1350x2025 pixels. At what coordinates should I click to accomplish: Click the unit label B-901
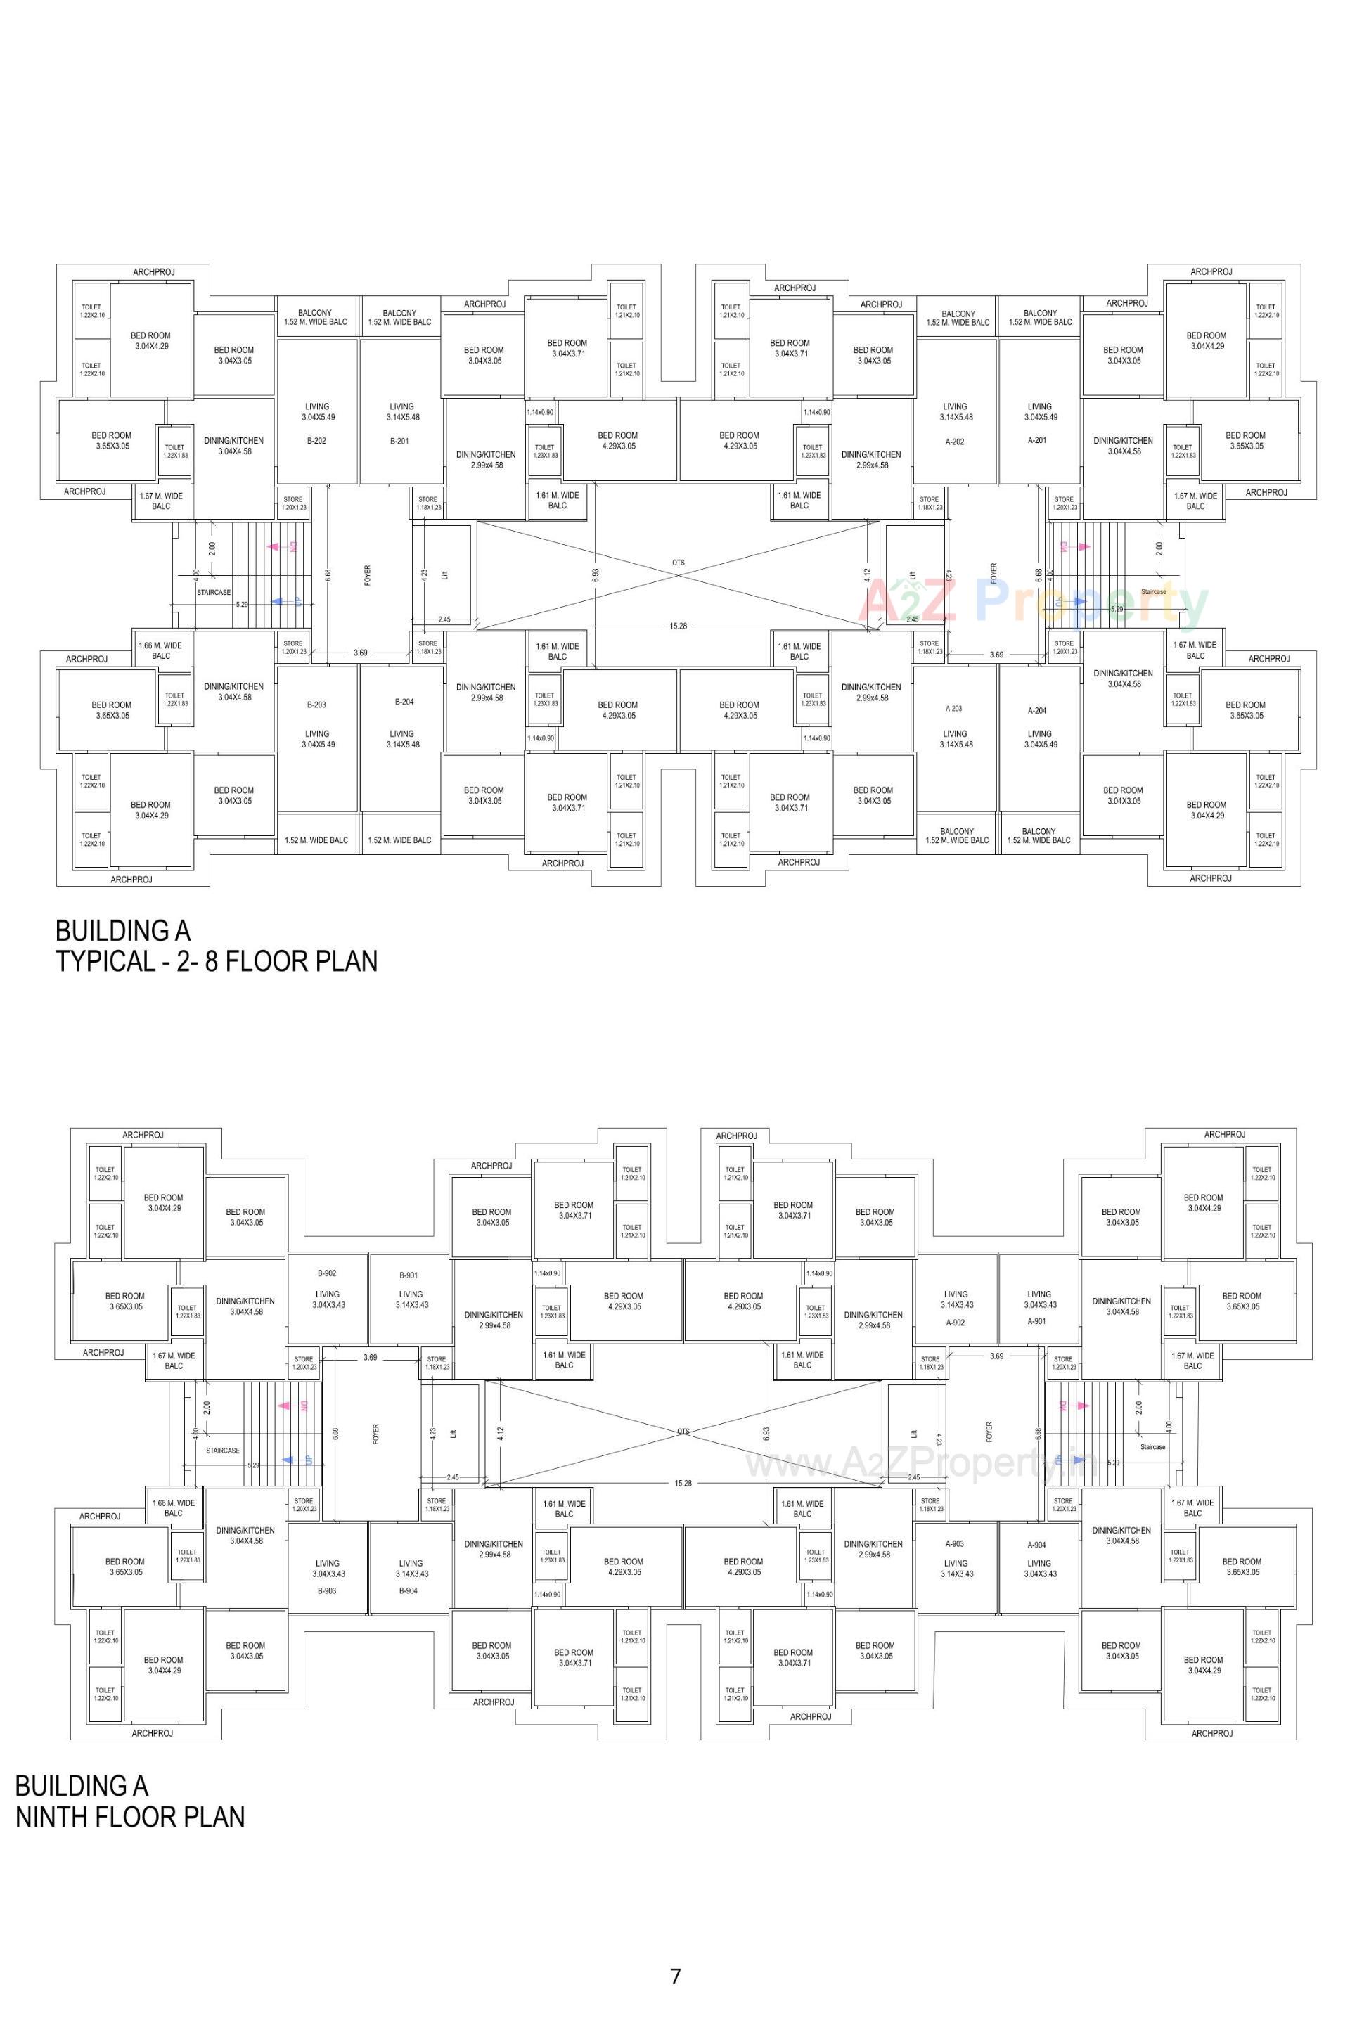coord(408,1275)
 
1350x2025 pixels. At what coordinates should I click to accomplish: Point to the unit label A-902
coord(955,1323)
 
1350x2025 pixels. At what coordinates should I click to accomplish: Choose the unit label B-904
coord(408,1590)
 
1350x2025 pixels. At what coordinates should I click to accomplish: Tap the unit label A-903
coord(954,1544)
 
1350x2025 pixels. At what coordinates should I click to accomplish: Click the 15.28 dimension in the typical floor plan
coord(679,626)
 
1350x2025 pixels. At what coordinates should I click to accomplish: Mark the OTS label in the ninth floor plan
coord(683,1431)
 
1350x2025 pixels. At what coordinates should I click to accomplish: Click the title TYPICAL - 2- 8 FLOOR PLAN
coord(216,960)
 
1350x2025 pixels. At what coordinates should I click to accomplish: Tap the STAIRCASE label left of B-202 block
coord(214,592)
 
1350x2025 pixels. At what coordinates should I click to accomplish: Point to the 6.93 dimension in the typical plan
coord(595,575)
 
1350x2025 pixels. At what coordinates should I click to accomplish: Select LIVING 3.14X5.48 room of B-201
coord(402,411)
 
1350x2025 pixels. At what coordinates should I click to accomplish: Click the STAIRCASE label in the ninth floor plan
coord(222,1451)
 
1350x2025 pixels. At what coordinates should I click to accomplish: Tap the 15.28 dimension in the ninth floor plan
coord(683,1483)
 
